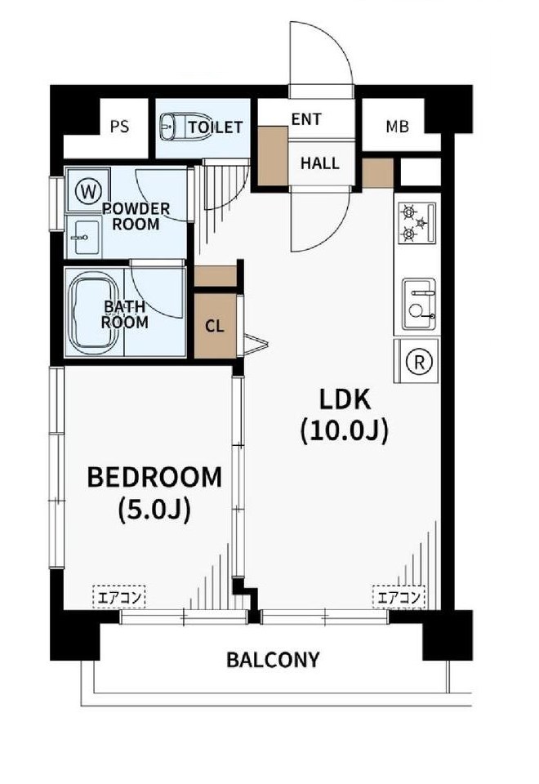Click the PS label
pos(119,127)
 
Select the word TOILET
pos(216,127)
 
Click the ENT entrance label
pos(306,119)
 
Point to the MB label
pos(398,127)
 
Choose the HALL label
pos(320,163)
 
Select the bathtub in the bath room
pos(94,313)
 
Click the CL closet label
pos(215,326)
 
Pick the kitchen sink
pos(419,304)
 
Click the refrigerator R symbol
pos(419,362)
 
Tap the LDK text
pos(345,399)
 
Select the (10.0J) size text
pos(345,431)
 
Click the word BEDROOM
pos(154,477)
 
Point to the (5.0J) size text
pos(154,510)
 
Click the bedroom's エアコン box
pos(119,597)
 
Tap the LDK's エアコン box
pos(399,597)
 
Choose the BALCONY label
pos(273,660)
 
